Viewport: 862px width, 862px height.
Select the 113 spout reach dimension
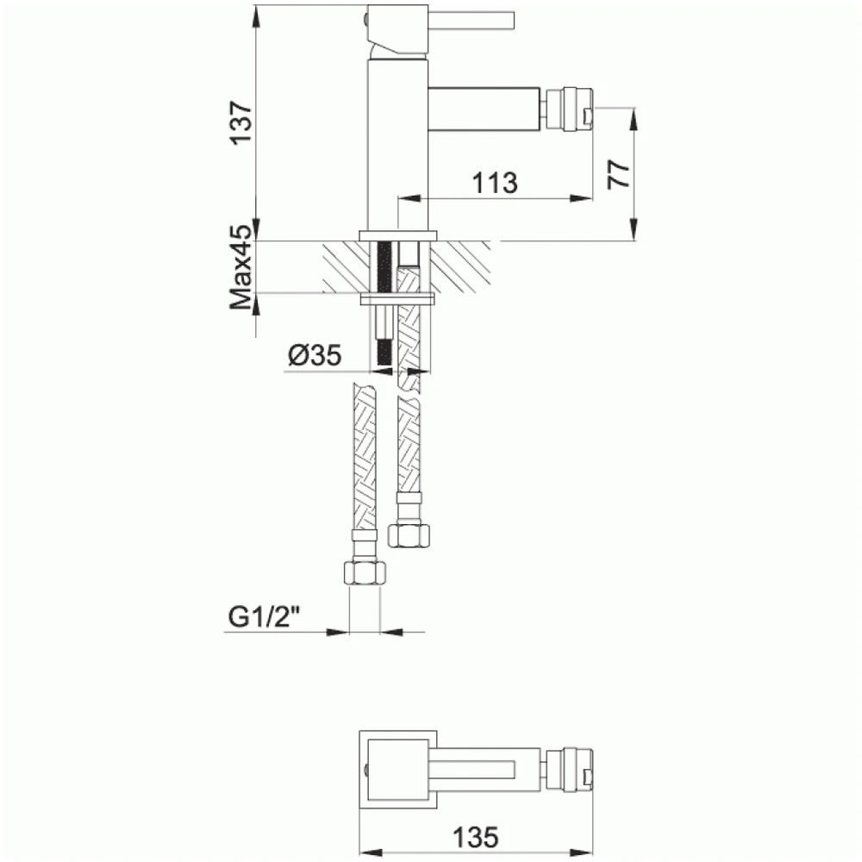point(494,182)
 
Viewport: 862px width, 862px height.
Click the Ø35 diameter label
point(315,354)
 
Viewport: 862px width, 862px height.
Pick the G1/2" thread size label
point(264,617)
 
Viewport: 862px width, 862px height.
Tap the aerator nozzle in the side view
point(571,111)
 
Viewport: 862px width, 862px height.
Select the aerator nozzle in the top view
point(571,765)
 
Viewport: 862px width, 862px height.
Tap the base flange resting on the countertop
point(397,234)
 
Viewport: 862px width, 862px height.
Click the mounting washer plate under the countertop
point(397,299)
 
